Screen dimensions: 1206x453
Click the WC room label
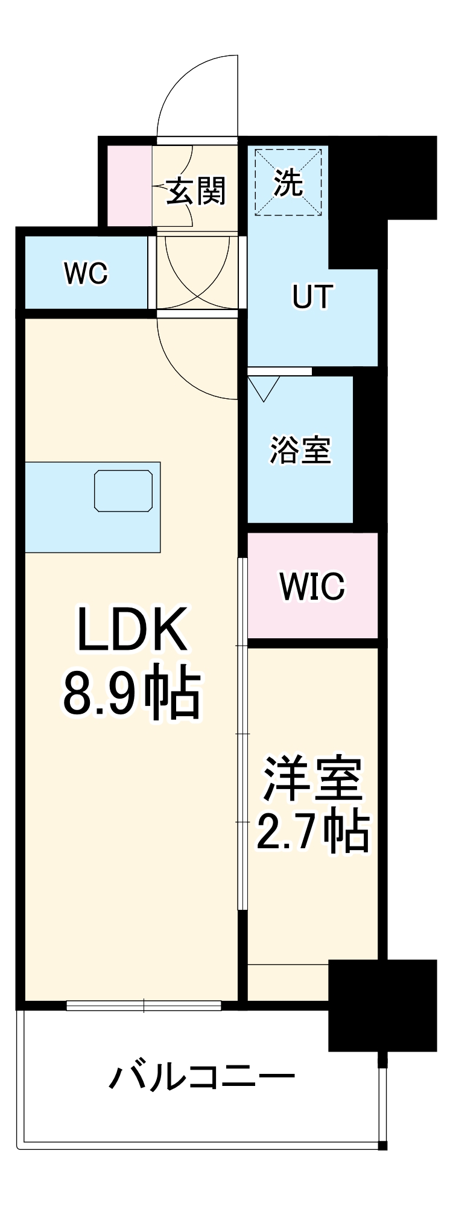pyautogui.click(x=86, y=274)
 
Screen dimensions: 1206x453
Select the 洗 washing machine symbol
pyautogui.click(x=288, y=182)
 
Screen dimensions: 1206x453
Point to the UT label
pyautogui.click(x=312, y=297)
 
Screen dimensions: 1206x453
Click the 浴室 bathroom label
pyautogui.click(x=300, y=450)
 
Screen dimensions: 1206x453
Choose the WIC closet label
pyautogui.click(x=312, y=586)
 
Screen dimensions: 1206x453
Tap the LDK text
pyautogui.click(x=131, y=629)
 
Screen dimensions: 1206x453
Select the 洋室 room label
pyautogui.click(x=312, y=778)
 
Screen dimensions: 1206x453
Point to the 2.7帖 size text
pyautogui.click(x=312, y=831)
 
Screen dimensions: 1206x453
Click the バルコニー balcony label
pyautogui.click(x=202, y=1077)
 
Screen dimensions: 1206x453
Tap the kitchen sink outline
pyautogui.click(x=123, y=491)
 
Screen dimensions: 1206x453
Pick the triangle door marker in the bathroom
pyautogui.click(x=264, y=387)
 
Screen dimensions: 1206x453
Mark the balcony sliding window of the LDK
pyautogui.click(x=144, y=1005)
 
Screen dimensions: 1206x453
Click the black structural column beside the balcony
pyautogui.click(x=381, y=1004)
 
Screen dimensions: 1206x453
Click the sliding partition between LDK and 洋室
pyautogui.click(x=242, y=733)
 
